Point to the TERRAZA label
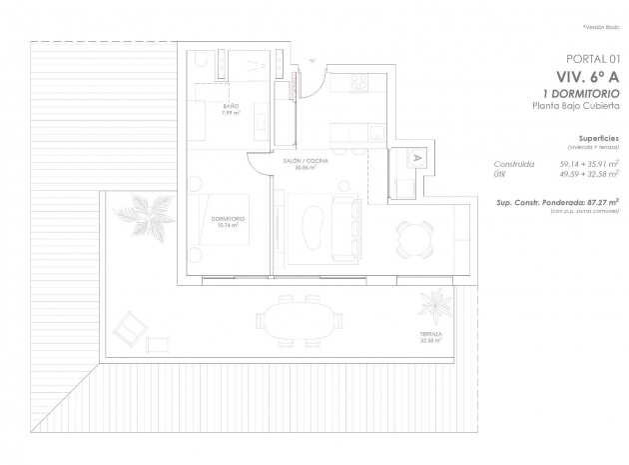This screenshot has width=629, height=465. click(x=431, y=335)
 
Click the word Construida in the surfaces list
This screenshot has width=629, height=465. click(x=515, y=163)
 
